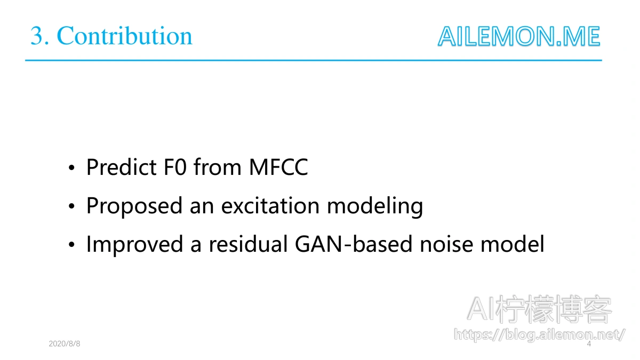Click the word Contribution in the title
(x=125, y=36)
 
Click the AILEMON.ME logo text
(x=519, y=36)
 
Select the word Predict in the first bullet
(x=121, y=167)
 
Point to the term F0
(x=175, y=167)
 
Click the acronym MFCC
(x=278, y=167)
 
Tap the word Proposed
(x=134, y=206)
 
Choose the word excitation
(x=270, y=206)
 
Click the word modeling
(x=375, y=206)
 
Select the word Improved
(x=134, y=245)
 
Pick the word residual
(x=248, y=244)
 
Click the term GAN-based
(x=354, y=244)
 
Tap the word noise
(x=446, y=244)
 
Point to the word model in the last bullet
(x=513, y=244)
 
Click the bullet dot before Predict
(x=71, y=167)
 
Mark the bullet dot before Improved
(x=71, y=244)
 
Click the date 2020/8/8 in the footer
(x=65, y=343)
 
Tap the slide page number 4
(x=589, y=343)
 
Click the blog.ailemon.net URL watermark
(x=539, y=334)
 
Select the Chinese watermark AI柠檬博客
(x=539, y=309)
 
